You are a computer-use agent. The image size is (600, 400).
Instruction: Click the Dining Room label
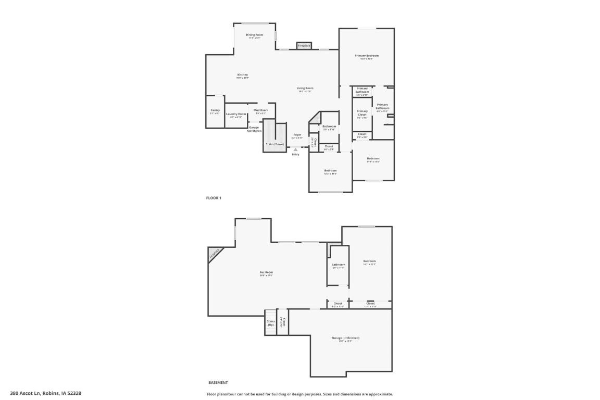(255, 35)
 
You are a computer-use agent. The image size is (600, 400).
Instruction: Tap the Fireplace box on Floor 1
(304, 46)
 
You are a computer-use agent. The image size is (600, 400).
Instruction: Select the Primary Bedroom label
(366, 56)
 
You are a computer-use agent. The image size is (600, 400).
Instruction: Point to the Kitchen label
(243, 75)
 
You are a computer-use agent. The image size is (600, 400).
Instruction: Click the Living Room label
(305, 89)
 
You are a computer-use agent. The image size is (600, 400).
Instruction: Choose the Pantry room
(215, 111)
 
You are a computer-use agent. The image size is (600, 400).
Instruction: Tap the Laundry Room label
(236, 114)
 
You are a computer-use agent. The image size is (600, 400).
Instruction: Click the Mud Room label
(261, 110)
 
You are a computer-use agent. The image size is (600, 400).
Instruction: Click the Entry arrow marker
(295, 150)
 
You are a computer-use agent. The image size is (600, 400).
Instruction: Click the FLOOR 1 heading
(214, 198)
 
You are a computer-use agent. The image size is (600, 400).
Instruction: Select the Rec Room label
(266, 272)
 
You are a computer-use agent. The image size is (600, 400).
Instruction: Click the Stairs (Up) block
(271, 323)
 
